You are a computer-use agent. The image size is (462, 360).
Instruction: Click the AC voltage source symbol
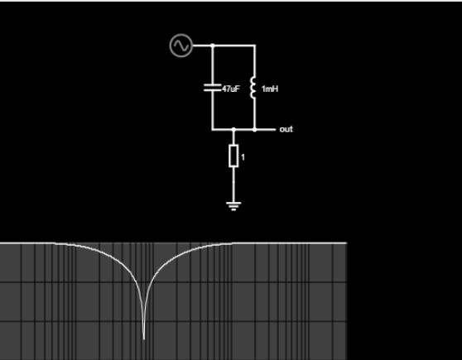pos(180,46)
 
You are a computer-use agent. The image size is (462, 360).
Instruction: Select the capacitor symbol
pos(213,88)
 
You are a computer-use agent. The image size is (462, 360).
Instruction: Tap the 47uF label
pos(229,88)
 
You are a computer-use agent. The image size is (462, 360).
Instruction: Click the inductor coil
pos(254,88)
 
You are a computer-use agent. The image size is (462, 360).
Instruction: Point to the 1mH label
pos(269,88)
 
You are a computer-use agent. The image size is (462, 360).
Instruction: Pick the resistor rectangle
pos(233,156)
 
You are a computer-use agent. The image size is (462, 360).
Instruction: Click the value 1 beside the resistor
pos(243,156)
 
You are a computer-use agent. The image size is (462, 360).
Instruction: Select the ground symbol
pos(233,203)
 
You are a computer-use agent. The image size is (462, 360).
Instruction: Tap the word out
pos(286,129)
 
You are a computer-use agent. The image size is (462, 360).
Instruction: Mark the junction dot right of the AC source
pos(213,46)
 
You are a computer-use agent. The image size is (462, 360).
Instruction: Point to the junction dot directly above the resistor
pos(233,129)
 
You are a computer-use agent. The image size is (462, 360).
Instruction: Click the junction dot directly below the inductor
pos(254,129)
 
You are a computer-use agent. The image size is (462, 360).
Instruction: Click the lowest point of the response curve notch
pos(144,338)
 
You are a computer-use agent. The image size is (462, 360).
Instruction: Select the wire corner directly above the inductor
pos(254,46)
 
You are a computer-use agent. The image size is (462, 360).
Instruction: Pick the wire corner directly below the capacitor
pos(213,129)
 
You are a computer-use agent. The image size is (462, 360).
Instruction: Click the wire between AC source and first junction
pos(202,46)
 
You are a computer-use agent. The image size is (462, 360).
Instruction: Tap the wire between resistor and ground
pos(233,182)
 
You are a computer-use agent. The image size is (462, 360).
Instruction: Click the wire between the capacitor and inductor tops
pos(233,46)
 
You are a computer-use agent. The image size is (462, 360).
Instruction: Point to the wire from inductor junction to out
pos(264,129)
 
